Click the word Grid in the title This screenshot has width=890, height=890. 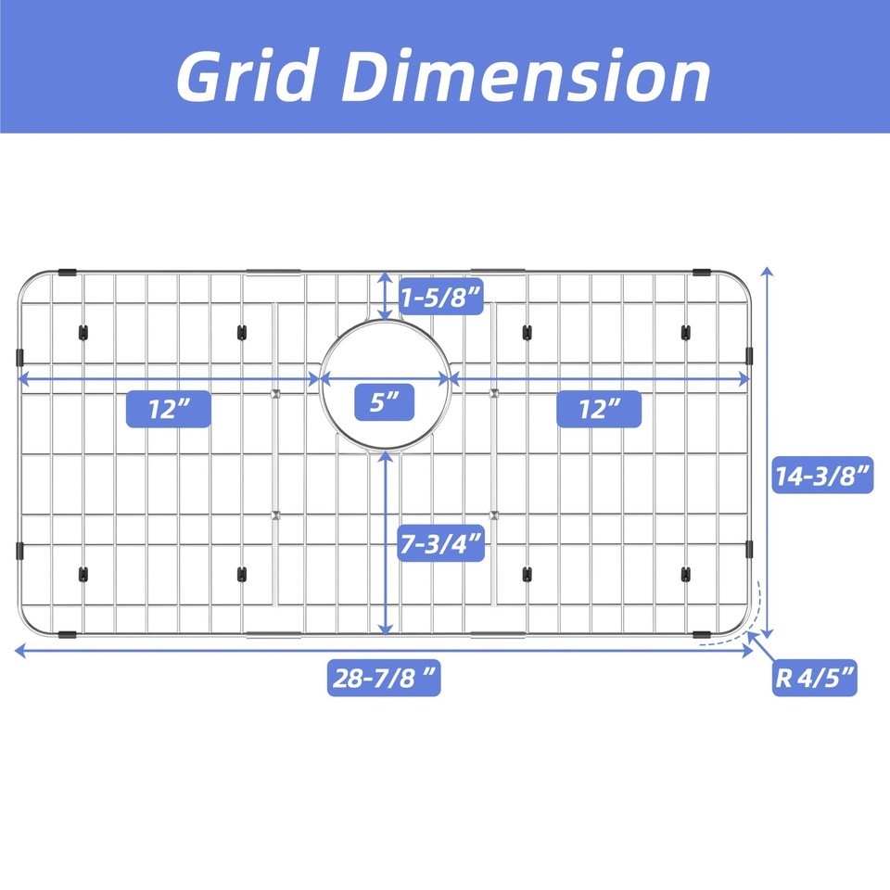(x=247, y=75)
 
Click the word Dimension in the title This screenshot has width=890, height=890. (x=525, y=75)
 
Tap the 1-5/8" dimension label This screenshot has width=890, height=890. (x=441, y=297)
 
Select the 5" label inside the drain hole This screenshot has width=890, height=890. (x=384, y=402)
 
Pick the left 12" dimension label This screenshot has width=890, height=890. (x=169, y=409)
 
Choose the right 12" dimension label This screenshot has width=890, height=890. (x=599, y=409)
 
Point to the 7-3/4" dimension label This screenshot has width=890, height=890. (x=441, y=544)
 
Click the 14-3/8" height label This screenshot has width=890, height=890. (x=823, y=475)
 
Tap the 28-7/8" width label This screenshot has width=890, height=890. (x=384, y=678)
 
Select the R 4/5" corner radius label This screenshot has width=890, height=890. (x=815, y=678)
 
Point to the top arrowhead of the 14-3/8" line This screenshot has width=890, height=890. (x=768, y=272)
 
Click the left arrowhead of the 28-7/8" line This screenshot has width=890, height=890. (x=20, y=651)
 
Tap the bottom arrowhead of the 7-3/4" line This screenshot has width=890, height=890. (x=386, y=629)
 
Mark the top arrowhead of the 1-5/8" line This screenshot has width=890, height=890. (x=386, y=277)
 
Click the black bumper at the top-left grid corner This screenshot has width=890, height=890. (x=68, y=273)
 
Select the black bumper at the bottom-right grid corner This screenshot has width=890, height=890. (x=702, y=634)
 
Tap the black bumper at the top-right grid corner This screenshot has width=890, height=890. (x=702, y=273)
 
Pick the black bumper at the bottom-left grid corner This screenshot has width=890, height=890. (x=68, y=634)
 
